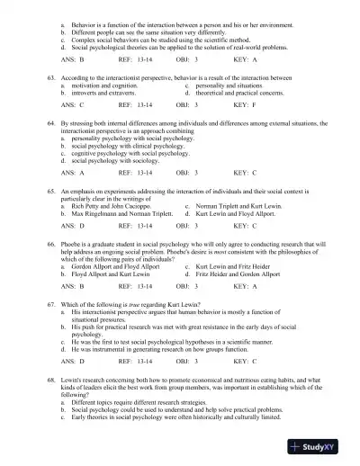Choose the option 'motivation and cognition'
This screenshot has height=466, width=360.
tap(98, 86)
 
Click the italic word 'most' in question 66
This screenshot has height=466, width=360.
tap(241, 255)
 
